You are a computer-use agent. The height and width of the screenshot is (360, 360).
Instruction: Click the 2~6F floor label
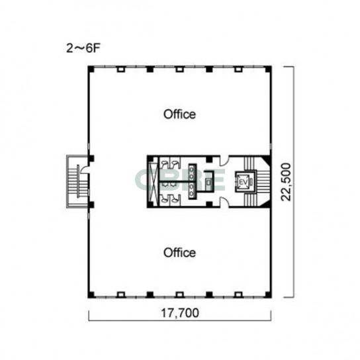click(83, 48)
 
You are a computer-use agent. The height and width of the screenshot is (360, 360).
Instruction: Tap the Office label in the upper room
click(179, 114)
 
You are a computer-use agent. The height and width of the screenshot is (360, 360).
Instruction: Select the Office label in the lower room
click(179, 253)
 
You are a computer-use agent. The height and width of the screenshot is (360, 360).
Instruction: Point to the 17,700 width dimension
click(180, 313)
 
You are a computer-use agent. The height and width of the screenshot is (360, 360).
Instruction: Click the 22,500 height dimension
click(286, 182)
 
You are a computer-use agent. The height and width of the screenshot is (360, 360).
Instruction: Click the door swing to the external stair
click(84, 168)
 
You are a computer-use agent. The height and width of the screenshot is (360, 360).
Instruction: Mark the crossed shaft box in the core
click(153, 182)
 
